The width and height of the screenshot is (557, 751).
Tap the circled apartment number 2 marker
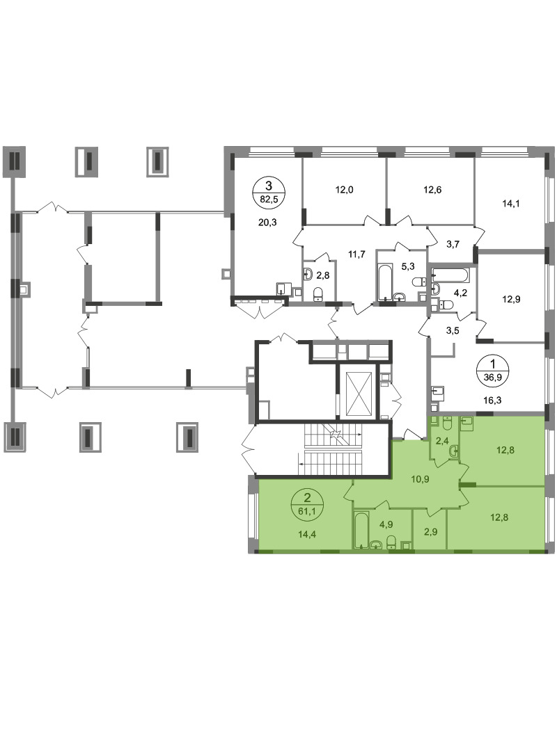point(308,506)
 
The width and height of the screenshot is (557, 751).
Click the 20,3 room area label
point(267,223)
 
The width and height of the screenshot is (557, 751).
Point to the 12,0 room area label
point(344,190)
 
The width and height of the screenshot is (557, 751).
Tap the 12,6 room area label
point(432,190)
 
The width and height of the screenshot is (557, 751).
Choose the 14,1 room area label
point(511,203)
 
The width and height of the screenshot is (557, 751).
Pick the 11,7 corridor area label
point(356,255)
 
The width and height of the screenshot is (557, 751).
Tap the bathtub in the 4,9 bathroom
point(360,530)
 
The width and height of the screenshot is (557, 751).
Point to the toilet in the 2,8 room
point(317,295)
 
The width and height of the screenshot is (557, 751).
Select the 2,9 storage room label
point(430,532)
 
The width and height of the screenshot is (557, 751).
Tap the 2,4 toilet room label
point(442,441)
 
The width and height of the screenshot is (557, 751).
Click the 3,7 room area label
point(453,244)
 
